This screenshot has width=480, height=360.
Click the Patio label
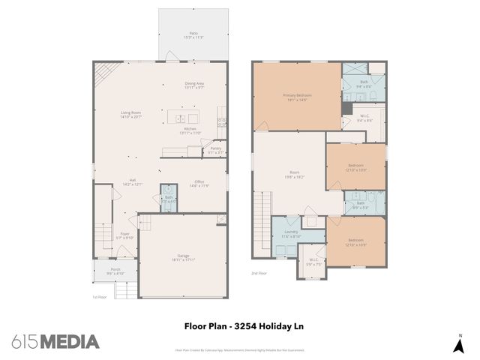click(194, 35)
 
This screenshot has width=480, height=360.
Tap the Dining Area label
click(194, 85)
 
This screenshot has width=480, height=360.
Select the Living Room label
click(131, 115)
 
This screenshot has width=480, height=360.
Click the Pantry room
click(215, 150)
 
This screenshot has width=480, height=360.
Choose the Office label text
click(199, 182)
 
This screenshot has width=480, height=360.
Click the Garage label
click(184, 257)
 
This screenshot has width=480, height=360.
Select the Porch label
click(115, 271)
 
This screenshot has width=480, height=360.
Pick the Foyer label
click(125, 235)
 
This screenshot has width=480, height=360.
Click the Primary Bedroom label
click(297, 97)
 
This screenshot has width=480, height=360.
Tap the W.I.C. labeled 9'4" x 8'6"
click(364, 117)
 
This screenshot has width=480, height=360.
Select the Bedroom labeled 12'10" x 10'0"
click(355, 166)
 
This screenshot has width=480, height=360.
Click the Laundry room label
click(291, 233)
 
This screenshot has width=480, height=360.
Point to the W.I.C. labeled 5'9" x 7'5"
click(313, 262)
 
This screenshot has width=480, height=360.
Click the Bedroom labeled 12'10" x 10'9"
click(355, 242)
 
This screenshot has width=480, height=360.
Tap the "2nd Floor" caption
click(259, 274)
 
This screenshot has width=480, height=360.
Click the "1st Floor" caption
click(99, 297)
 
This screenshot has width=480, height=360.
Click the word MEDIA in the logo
click(69, 342)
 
